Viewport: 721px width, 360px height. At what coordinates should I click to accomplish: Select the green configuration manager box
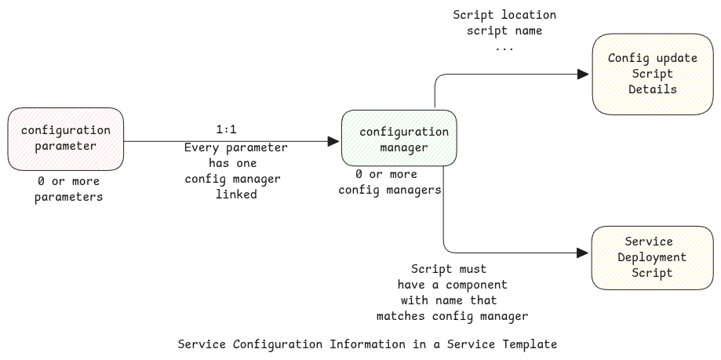399,139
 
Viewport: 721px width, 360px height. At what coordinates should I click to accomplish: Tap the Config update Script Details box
652,74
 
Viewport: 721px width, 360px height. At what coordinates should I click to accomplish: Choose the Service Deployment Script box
652,257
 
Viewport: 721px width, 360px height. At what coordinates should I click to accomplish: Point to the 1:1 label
226,128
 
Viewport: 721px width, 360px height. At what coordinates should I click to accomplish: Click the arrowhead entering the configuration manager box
334,141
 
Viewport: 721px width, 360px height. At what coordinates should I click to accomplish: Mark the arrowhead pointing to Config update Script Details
583,74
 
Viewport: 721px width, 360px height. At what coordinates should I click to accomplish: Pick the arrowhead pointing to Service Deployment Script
583,253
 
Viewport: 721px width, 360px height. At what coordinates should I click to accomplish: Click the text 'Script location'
504,15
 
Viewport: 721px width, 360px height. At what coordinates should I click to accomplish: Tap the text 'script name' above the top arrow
504,31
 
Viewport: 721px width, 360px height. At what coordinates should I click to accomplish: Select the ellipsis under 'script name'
504,47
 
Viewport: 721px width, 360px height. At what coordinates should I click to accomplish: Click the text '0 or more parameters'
68,189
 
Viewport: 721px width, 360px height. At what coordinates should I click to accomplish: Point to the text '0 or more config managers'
390,182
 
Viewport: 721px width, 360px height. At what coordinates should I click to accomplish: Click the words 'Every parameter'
235,147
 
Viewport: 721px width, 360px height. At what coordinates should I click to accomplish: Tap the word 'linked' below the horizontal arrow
236,195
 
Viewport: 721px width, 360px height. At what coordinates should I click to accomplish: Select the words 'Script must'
449,269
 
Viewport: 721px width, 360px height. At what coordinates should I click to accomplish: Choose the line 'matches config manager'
452,316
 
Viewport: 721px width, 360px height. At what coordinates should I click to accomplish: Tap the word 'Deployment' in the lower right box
652,257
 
